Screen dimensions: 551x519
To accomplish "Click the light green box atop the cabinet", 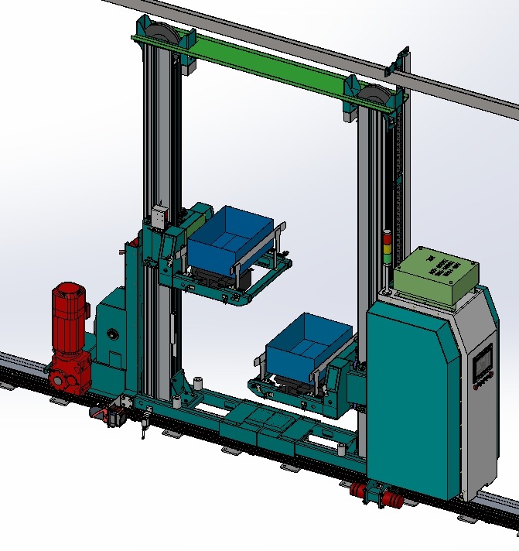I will (x=435, y=274).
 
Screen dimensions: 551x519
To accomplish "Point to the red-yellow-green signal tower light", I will (x=387, y=248).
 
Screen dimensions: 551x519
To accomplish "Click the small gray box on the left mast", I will (x=161, y=216).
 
